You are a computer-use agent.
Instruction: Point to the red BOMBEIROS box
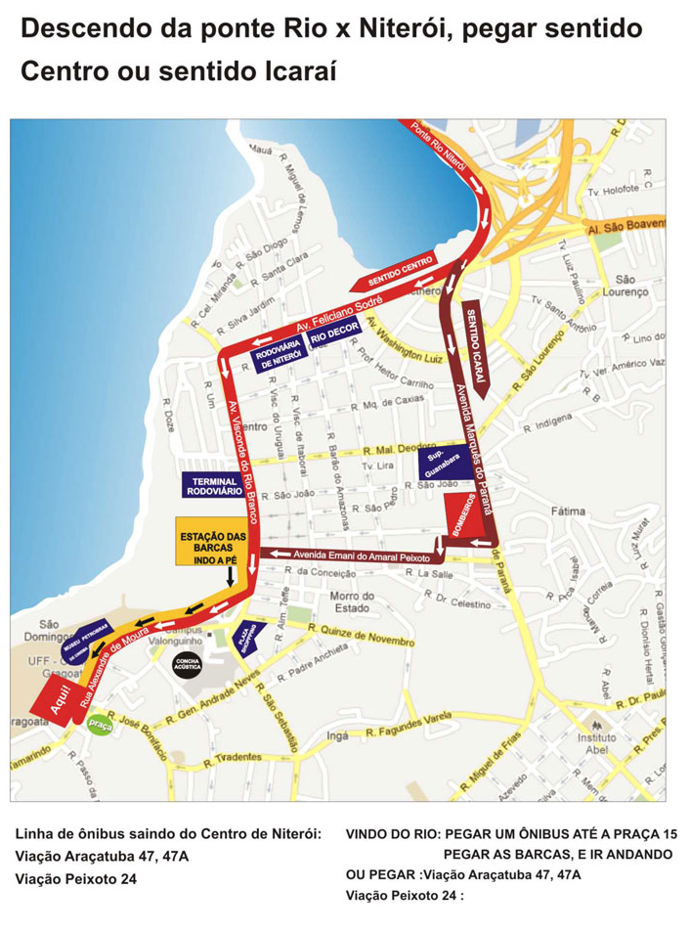pos(465,515)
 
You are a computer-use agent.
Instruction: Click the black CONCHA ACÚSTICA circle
pos(187,665)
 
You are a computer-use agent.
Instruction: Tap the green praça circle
pos(99,725)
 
